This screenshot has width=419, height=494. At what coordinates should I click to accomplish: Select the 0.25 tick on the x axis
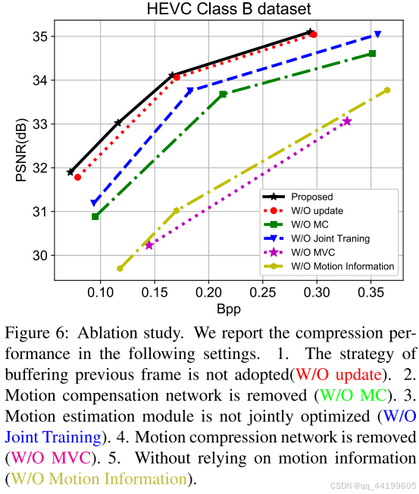pos(263,293)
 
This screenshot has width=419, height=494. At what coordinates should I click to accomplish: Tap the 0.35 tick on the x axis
pos(371,293)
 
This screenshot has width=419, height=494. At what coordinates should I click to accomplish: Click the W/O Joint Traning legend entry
pos(330,238)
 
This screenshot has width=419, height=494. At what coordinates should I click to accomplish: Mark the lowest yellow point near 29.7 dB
pos(120,268)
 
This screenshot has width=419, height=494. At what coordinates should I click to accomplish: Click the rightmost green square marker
pos(372,53)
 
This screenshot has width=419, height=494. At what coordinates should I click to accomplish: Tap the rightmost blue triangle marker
pos(377,35)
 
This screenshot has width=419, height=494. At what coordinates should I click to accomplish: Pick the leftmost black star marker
pos(70,172)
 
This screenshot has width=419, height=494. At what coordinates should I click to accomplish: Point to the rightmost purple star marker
pos(347,121)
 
